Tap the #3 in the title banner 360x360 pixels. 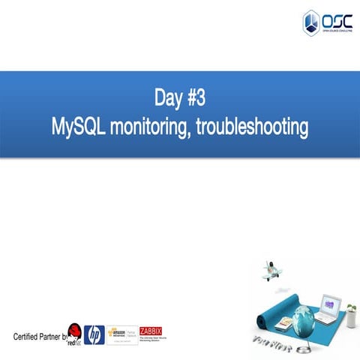pos(196,98)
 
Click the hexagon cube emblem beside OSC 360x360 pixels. pos(310,22)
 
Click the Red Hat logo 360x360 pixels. pos(74,336)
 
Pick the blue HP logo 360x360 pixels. pos(94,334)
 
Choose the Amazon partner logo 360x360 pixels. pos(121,334)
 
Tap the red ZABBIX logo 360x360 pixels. pos(151,331)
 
